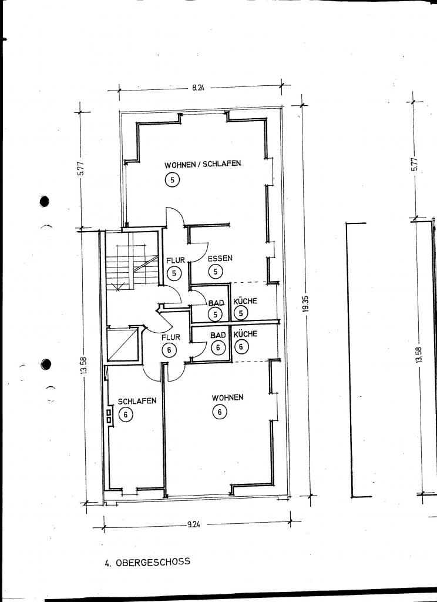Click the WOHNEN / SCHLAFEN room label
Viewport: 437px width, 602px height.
[x=203, y=165]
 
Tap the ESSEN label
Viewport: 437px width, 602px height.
[x=220, y=259]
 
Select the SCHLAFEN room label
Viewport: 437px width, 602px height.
[x=137, y=401]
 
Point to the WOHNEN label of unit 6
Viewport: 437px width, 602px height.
[x=227, y=397]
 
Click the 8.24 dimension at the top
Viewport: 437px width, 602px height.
[x=199, y=88]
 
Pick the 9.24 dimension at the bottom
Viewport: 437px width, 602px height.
[x=194, y=525]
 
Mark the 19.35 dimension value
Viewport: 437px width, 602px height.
[x=306, y=304]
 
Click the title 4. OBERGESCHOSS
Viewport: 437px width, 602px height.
[x=147, y=562]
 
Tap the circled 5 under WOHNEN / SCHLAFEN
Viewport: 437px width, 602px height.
[x=173, y=180]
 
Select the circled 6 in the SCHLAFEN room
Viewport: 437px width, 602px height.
[x=126, y=414]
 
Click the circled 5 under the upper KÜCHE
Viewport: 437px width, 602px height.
[x=241, y=313]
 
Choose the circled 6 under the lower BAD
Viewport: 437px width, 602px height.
[x=218, y=348]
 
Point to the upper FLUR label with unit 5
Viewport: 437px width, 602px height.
[x=176, y=260]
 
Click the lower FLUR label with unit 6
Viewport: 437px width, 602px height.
[x=171, y=337]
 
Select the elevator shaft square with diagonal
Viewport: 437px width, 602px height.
[x=122, y=345]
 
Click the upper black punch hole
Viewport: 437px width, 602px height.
[x=45, y=201]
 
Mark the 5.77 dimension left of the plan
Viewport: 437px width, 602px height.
[x=81, y=168]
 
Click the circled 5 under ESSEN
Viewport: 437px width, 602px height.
[x=216, y=272]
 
